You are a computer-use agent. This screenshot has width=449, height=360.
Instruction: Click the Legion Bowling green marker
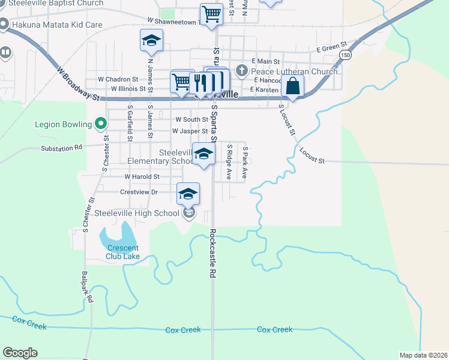coord(101,125)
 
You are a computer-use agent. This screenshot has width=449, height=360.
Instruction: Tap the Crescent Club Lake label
coord(123,252)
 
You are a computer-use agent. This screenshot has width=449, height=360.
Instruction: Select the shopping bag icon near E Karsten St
coord(292,86)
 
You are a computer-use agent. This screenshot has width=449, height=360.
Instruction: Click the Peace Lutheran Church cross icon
coord(241,71)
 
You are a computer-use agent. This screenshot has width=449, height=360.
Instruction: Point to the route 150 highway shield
coord(345,55)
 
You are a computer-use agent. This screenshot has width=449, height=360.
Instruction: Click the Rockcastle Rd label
coord(212,253)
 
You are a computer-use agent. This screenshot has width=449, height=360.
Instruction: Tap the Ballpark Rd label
coord(87,287)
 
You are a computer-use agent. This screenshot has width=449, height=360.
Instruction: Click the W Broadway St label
coord(78,83)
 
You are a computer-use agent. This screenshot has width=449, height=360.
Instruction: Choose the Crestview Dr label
coord(139,192)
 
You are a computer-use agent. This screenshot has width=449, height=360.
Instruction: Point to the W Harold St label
coord(142,177)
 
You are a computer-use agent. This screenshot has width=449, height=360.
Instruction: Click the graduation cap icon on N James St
coord(151,41)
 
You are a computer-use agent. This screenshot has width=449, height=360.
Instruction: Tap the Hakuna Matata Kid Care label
coord(59,25)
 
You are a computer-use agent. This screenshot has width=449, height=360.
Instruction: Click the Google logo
coord(20,353)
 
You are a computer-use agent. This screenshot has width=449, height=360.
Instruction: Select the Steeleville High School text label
coord(137,213)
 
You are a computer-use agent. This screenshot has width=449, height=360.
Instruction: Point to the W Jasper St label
coord(190,131)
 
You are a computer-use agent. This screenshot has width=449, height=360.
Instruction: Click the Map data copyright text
coord(423,355)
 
